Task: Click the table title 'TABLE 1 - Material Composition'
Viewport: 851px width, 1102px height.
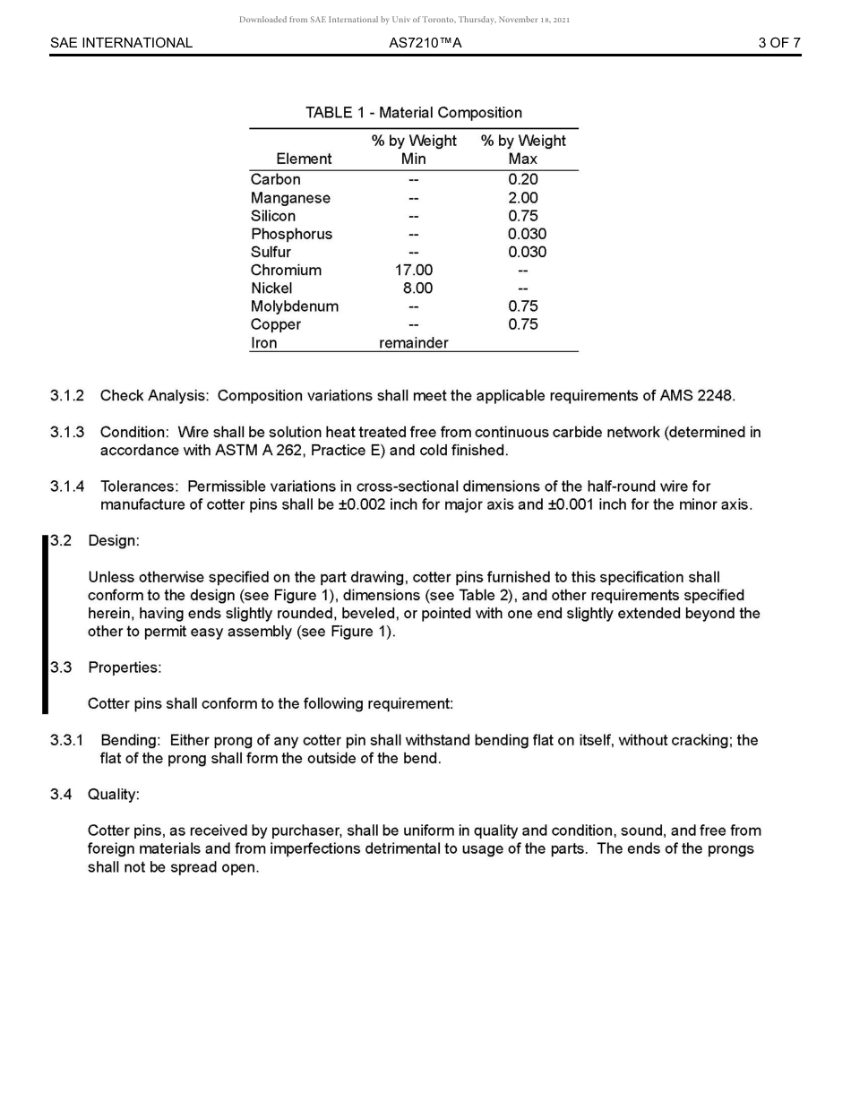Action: point(413,113)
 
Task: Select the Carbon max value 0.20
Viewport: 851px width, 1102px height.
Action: point(522,179)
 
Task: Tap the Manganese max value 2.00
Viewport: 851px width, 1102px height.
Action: point(522,198)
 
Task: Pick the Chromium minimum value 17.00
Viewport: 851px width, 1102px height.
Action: point(413,270)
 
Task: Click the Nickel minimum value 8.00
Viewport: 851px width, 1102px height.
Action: point(417,288)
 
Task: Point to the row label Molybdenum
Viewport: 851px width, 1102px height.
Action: point(294,306)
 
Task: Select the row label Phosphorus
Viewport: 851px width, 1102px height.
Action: point(291,234)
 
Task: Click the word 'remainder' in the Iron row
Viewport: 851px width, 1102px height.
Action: point(413,342)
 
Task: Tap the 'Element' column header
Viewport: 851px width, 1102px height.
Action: point(304,159)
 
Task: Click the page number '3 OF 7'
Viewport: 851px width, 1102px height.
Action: point(778,43)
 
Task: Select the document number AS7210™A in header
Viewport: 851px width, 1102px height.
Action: point(425,43)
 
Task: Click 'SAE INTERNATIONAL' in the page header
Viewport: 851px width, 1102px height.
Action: point(121,43)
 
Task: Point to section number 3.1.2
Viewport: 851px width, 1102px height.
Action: point(67,395)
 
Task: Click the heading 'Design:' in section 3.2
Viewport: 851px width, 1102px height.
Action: point(114,540)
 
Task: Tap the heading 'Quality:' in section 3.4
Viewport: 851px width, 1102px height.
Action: point(114,794)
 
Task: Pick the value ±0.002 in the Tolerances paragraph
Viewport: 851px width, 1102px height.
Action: point(358,504)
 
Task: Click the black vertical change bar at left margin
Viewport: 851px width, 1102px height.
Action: point(45,624)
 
